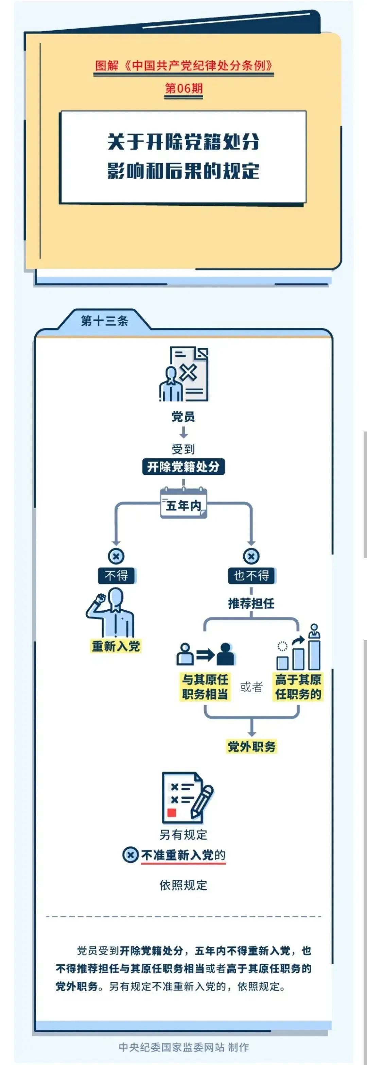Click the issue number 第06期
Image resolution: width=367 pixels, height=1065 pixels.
click(183, 88)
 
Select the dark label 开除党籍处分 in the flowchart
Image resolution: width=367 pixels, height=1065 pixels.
click(183, 467)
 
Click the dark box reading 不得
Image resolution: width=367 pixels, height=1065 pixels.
click(116, 575)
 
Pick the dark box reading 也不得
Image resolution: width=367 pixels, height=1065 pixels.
click(251, 575)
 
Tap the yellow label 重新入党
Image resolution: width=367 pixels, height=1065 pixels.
click(116, 646)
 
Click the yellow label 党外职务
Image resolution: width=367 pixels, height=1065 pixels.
click(251, 747)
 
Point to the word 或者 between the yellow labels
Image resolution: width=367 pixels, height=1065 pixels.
click(251, 687)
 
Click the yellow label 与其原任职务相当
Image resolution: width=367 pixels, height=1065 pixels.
click(205, 687)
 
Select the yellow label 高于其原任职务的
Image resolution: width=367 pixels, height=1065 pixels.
click(298, 687)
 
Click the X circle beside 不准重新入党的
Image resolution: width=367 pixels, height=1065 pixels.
click(130, 855)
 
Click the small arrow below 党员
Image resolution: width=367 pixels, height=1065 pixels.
click(183, 433)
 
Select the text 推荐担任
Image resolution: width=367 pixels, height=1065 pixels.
click(251, 604)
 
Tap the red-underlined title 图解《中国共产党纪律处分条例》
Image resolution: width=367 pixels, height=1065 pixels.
click(183, 66)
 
